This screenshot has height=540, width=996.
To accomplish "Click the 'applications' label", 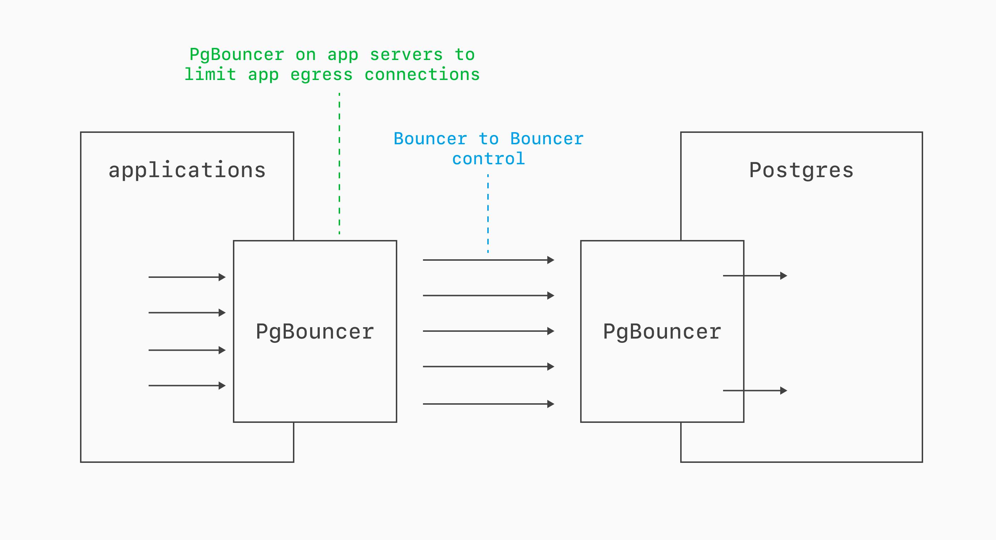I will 187,170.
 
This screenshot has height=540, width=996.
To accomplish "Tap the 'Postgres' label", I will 801,170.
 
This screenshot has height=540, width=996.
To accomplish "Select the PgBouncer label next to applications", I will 315,332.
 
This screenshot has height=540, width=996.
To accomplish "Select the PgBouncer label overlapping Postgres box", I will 662,332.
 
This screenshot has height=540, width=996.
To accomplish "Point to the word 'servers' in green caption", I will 406,55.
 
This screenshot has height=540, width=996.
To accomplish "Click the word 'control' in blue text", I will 488,159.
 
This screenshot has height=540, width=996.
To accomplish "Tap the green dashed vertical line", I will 339,162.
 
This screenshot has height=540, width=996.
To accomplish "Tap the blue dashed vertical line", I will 488,212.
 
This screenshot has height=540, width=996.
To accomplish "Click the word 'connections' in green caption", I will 422,75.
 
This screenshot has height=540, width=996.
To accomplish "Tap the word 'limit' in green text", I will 210,75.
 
